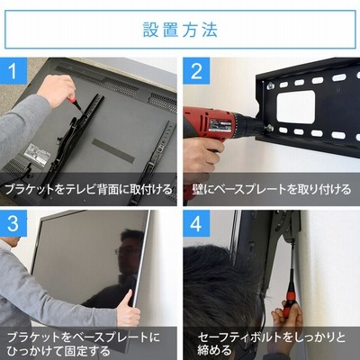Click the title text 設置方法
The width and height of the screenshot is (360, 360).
point(180,30)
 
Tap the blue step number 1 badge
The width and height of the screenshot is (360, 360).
point(13,70)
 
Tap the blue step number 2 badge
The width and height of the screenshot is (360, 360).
point(196,70)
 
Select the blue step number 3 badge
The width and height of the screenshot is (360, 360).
point(13,223)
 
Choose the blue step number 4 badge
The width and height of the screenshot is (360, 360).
point(196,223)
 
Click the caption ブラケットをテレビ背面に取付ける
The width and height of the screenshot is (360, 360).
point(89,189)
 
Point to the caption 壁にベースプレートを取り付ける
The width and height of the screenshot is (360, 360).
point(272,189)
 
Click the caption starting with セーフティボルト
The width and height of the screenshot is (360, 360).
point(272,343)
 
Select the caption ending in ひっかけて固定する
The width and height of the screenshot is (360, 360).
point(84,343)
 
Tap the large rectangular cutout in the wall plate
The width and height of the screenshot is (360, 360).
point(296,107)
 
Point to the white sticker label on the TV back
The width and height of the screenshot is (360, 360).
point(36,154)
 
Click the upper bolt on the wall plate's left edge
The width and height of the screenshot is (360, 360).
point(270,85)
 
